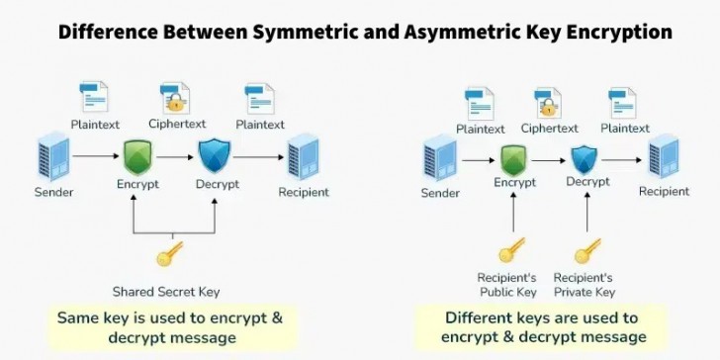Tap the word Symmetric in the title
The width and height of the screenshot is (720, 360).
pyautogui.click(x=307, y=32)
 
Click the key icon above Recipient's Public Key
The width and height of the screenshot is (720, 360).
pyautogui.click(x=511, y=250)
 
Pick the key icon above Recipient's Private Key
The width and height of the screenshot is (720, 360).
pyautogui.click(x=587, y=250)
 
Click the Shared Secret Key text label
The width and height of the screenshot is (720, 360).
pyautogui.click(x=166, y=292)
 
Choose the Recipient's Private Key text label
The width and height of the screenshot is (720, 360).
pyautogui.click(x=584, y=285)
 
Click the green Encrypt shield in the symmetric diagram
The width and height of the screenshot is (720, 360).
pyautogui.click(x=137, y=157)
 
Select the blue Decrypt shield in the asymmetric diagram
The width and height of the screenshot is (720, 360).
pyautogui.click(x=585, y=157)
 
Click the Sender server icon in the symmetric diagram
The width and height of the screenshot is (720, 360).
pyautogui.click(x=52, y=156)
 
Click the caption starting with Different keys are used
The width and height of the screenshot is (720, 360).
pyautogui.click(x=542, y=327)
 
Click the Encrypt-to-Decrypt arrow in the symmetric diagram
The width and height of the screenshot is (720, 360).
pyautogui.click(x=175, y=156)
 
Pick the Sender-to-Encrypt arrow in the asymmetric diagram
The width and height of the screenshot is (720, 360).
pyautogui.click(x=477, y=158)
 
